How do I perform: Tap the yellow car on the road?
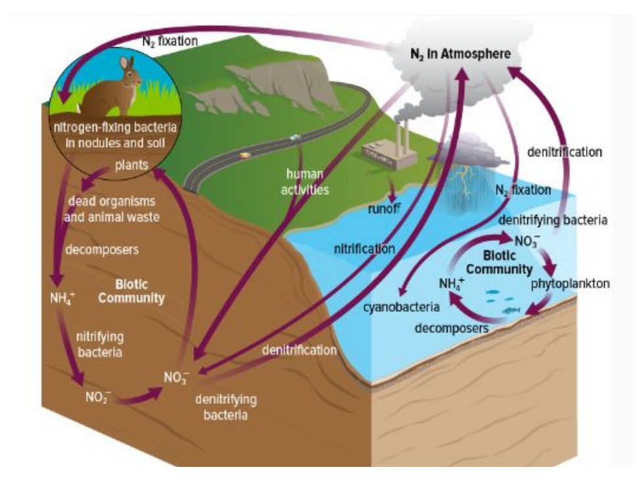(x=245, y=155)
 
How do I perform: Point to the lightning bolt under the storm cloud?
(x=465, y=180)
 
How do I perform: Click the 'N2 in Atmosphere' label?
(x=460, y=54)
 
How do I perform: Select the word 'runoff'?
(x=384, y=209)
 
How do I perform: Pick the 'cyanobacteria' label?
(x=402, y=307)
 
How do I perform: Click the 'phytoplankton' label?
(x=570, y=284)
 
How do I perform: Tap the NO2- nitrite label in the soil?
(x=98, y=397)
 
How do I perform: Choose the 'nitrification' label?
(x=364, y=249)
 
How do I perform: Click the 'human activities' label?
(x=304, y=182)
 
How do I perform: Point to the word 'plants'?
(x=131, y=165)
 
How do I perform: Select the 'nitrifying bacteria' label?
(x=100, y=344)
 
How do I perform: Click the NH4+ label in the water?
(x=452, y=283)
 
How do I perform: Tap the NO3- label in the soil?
(x=176, y=377)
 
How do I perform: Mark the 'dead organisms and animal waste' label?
(x=112, y=209)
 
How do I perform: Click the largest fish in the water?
(x=511, y=310)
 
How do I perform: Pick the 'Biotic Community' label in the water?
(x=499, y=262)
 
